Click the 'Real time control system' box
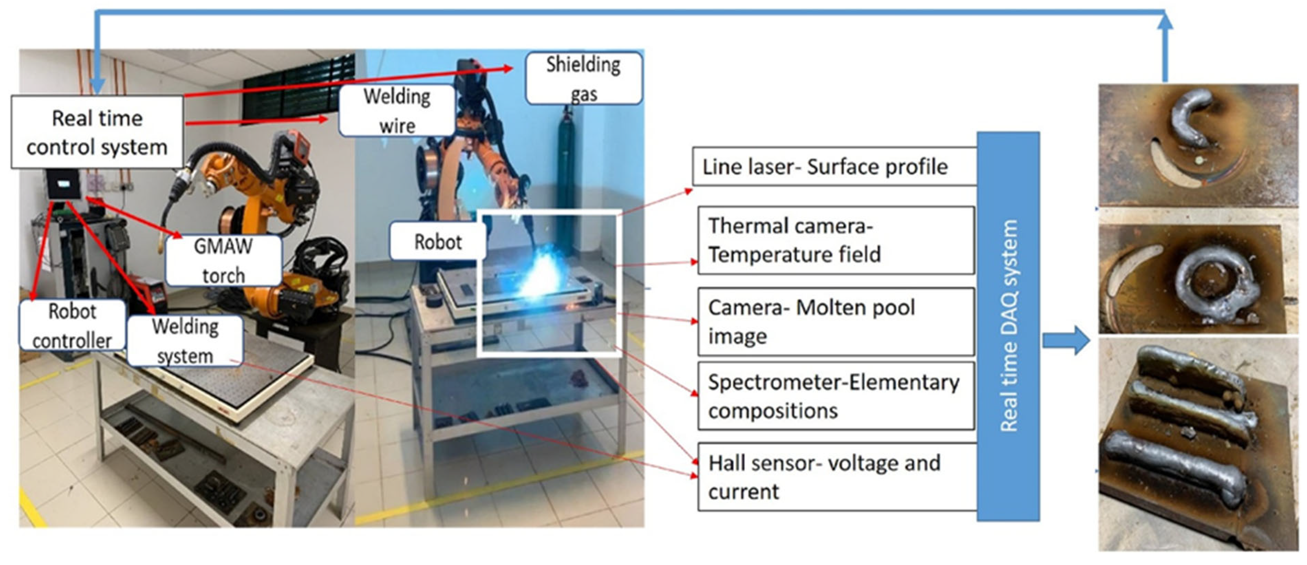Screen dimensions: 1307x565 click(x=97, y=132)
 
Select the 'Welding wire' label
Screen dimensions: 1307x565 click(x=397, y=110)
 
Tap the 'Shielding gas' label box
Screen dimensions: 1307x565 click(x=584, y=79)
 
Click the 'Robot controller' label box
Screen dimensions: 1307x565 click(x=72, y=325)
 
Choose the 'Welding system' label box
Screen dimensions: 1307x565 click(x=185, y=340)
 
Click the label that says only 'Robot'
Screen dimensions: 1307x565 click(x=438, y=242)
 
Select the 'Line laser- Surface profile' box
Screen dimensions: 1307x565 click(x=834, y=167)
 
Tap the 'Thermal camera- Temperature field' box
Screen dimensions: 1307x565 click(x=836, y=240)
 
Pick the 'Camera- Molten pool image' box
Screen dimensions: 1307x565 click(x=836, y=321)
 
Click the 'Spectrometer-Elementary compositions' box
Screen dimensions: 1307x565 click(x=836, y=396)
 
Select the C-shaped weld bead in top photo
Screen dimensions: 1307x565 click(x=1190, y=119)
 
